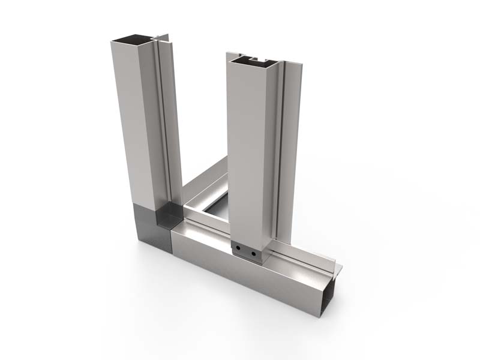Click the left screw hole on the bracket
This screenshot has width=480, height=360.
point(239,247)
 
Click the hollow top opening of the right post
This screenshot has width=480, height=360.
point(252,60)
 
